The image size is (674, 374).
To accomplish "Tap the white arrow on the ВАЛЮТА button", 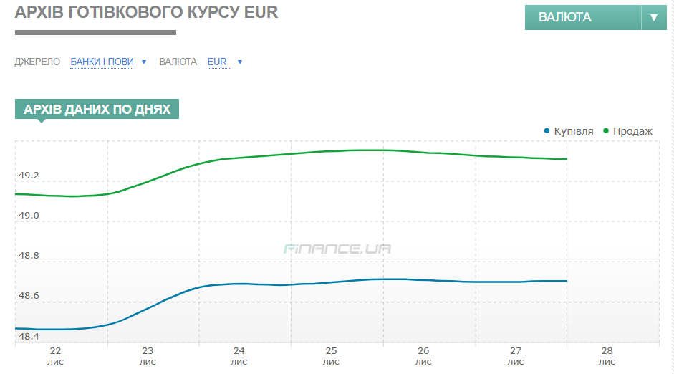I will [x=653, y=17].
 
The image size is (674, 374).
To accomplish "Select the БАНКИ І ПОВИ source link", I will [x=102, y=62].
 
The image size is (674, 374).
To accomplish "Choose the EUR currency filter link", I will [x=217, y=62].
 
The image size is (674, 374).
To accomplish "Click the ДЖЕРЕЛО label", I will [x=37, y=62].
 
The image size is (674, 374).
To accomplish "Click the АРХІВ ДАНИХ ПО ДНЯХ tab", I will [x=97, y=109].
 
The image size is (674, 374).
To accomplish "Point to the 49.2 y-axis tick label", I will [x=29, y=176].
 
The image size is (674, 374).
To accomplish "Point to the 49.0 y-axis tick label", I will [x=29, y=216].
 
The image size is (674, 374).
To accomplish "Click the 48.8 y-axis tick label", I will [x=29, y=256].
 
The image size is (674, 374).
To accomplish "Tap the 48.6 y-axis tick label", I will [x=29, y=296].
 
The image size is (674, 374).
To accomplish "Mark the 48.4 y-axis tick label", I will [x=29, y=336].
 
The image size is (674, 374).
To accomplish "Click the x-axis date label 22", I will [x=56, y=351].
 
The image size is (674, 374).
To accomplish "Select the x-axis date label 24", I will [x=239, y=351].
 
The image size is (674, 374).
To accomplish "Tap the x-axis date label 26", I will [x=423, y=351].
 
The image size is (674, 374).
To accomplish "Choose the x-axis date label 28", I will [x=607, y=351].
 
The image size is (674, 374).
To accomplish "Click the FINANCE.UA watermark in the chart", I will [x=337, y=249].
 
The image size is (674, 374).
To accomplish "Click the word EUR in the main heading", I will [x=261, y=12].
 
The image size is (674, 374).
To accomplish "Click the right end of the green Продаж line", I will [x=567, y=159].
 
